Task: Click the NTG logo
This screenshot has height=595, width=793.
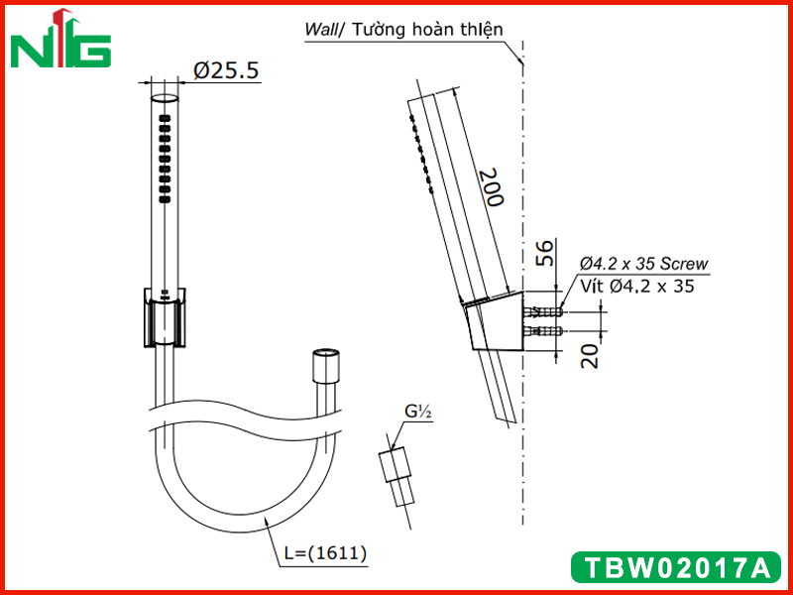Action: tap(60, 40)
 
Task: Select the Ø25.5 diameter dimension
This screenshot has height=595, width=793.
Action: tap(226, 70)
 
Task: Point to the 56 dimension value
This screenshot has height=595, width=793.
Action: tap(544, 254)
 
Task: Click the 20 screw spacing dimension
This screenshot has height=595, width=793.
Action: tap(590, 356)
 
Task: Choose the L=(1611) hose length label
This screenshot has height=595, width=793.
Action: tap(325, 552)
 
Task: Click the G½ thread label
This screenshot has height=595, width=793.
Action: tap(417, 413)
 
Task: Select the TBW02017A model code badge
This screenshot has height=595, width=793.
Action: tap(676, 567)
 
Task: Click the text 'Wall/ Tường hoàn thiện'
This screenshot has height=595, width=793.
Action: tap(403, 30)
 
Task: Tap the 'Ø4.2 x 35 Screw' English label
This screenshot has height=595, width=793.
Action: tap(643, 264)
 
